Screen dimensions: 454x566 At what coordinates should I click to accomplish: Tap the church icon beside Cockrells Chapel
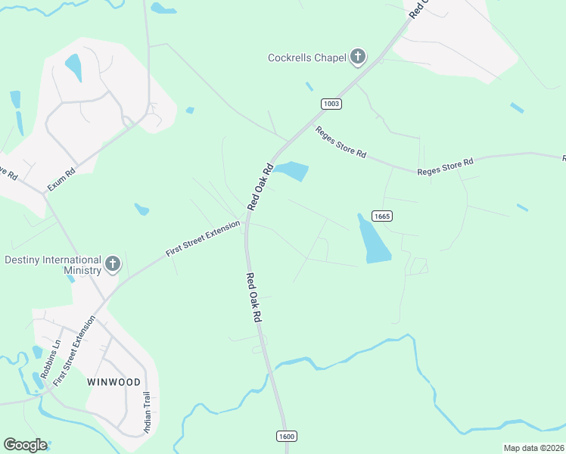358,57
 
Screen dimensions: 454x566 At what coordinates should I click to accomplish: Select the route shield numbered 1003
331,104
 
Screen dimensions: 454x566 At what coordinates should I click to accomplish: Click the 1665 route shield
381,216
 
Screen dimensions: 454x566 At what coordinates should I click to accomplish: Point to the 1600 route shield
286,436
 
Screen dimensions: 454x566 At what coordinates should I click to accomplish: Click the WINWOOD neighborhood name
113,382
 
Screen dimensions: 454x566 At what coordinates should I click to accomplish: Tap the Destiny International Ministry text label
52,265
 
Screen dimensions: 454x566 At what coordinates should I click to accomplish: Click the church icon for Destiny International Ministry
113,264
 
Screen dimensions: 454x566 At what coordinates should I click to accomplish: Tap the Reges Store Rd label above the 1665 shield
445,166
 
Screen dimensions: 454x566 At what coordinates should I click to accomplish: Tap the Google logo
25,445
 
